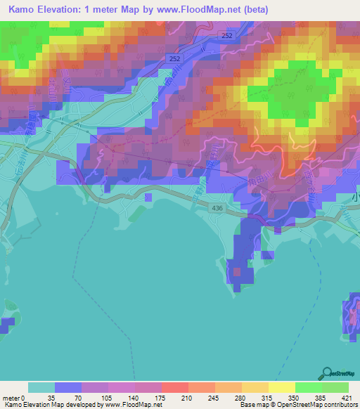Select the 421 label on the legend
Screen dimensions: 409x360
pos(348,398)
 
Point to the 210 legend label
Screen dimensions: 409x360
pos(186,398)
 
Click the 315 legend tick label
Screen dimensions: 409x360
pos(266,398)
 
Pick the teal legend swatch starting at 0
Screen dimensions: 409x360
pos(41,387)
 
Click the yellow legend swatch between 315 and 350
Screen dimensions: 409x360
pos(282,387)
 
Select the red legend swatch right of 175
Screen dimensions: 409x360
pos(174,387)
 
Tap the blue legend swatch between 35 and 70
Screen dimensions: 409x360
pos(68,387)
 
